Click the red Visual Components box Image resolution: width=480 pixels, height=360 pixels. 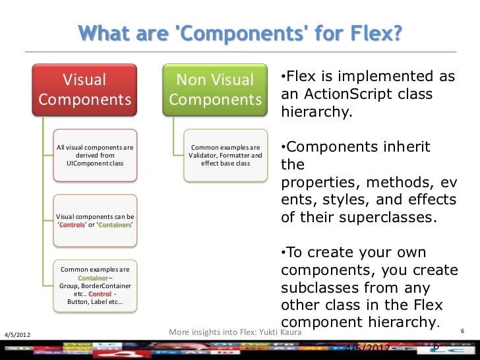coord(84,90)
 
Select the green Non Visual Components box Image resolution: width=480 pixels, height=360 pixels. coord(215,90)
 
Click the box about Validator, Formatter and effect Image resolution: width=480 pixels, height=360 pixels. coord(225,155)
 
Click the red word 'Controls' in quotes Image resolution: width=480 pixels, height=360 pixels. coord(73,225)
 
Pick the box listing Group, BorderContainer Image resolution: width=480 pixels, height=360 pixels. coord(95,286)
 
